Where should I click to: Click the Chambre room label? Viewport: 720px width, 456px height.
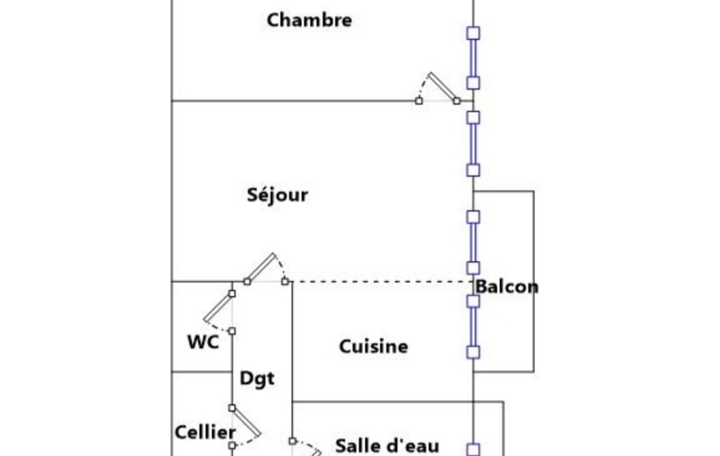click(x=309, y=20)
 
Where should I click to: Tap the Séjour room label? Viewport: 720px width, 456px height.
click(x=277, y=195)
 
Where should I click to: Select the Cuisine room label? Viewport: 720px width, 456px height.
click(x=373, y=347)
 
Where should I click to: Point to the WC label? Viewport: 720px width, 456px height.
click(x=203, y=342)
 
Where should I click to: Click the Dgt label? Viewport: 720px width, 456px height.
click(x=257, y=379)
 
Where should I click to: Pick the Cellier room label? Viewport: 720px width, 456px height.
click(x=205, y=432)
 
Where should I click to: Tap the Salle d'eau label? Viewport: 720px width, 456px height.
click(x=387, y=445)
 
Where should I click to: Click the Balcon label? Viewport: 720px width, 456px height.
click(x=506, y=287)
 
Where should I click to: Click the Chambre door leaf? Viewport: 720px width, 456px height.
click(x=443, y=87)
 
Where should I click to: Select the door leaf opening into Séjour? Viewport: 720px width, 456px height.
click(x=261, y=267)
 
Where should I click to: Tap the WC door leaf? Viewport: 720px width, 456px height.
click(x=218, y=307)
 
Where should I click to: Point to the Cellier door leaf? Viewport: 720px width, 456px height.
click(x=246, y=422)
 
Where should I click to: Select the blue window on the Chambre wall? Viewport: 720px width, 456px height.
click(x=473, y=58)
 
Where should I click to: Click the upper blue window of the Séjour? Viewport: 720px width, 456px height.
click(x=473, y=144)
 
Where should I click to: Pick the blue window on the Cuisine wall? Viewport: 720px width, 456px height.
click(x=473, y=327)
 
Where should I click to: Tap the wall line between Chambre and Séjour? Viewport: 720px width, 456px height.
click(x=293, y=100)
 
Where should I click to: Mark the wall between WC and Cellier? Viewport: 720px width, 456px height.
click(x=202, y=372)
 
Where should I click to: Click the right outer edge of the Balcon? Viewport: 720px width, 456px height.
click(x=534, y=281)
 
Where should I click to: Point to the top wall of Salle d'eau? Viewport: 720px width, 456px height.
click(x=398, y=402)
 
